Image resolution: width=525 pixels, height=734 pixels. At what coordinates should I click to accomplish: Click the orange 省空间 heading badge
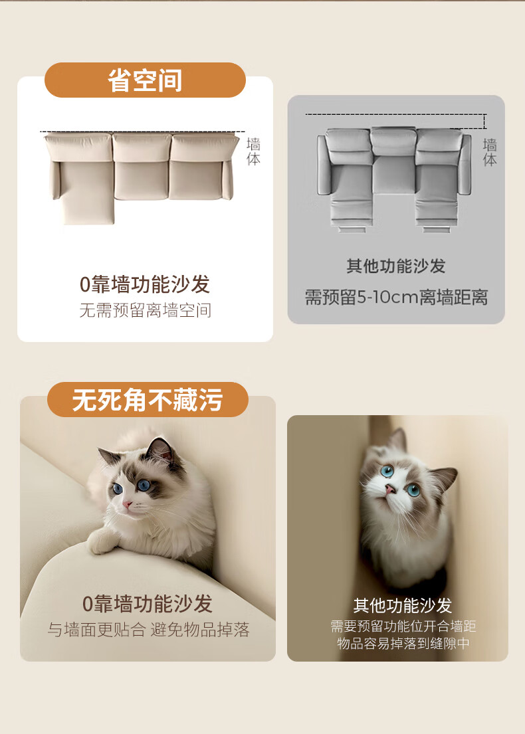click(x=145, y=80)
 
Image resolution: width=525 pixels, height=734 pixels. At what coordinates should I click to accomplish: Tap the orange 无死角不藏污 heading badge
click(x=148, y=400)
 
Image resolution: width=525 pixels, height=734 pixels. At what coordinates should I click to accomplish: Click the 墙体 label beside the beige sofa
click(x=253, y=151)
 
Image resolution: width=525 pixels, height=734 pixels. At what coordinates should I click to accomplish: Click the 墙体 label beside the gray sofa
click(x=490, y=152)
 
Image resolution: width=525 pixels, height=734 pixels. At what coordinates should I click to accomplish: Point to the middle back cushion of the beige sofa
click(x=142, y=148)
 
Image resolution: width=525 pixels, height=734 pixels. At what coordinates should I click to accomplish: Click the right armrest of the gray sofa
click(x=467, y=164)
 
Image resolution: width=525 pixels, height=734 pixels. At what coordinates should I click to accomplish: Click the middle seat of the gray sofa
click(x=394, y=174)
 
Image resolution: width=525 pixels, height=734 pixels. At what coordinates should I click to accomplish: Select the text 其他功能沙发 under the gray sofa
click(x=395, y=266)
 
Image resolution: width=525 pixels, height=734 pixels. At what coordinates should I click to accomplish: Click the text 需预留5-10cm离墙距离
click(x=396, y=297)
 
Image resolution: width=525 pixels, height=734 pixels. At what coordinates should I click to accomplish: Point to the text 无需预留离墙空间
click(x=145, y=310)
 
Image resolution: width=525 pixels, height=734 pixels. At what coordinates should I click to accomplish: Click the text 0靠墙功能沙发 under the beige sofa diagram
click(x=145, y=284)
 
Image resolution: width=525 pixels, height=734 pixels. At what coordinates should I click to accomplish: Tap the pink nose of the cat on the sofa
click(x=126, y=505)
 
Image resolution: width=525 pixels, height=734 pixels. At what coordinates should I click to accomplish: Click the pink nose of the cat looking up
click(x=389, y=489)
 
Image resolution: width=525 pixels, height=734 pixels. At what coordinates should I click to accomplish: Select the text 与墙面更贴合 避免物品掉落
click(x=148, y=630)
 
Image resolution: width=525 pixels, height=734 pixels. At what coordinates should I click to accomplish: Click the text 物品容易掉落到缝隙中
click(x=403, y=643)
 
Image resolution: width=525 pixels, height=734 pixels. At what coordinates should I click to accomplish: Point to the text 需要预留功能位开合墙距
click(x=403, y=626)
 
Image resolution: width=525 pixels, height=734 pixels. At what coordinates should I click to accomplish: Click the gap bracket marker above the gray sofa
click(x=484, y=122)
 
